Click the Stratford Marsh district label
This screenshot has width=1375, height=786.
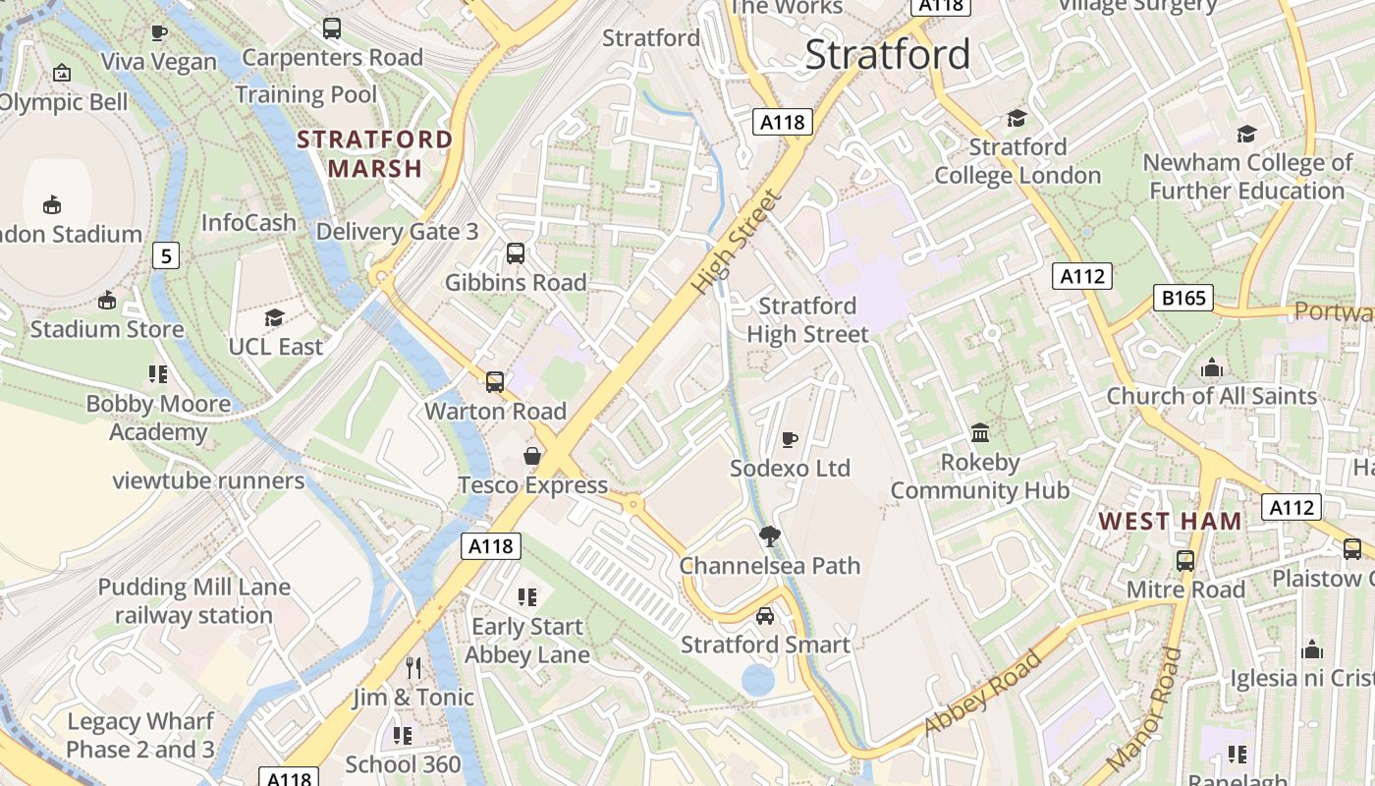375,153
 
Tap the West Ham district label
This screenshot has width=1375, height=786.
1170,521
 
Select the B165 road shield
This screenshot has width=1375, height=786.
1182,298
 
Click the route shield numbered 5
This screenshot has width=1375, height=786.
166,256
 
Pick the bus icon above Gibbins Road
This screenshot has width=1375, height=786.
516,253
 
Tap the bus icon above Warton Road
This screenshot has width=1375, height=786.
495,382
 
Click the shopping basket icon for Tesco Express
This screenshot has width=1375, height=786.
531,456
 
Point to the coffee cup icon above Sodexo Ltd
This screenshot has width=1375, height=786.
790,439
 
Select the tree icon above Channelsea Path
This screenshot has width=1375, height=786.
770,535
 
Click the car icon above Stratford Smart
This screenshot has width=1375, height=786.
765,616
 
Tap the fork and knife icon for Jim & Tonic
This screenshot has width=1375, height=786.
413,668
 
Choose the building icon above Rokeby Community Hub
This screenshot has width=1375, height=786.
980,432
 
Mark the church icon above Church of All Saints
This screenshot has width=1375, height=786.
1212,367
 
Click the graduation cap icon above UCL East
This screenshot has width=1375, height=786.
275,317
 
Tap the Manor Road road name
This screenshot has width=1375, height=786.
1144,709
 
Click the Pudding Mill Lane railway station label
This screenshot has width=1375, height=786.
194,601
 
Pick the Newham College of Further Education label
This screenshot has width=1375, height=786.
1247,177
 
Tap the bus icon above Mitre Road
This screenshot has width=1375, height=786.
1185,561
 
